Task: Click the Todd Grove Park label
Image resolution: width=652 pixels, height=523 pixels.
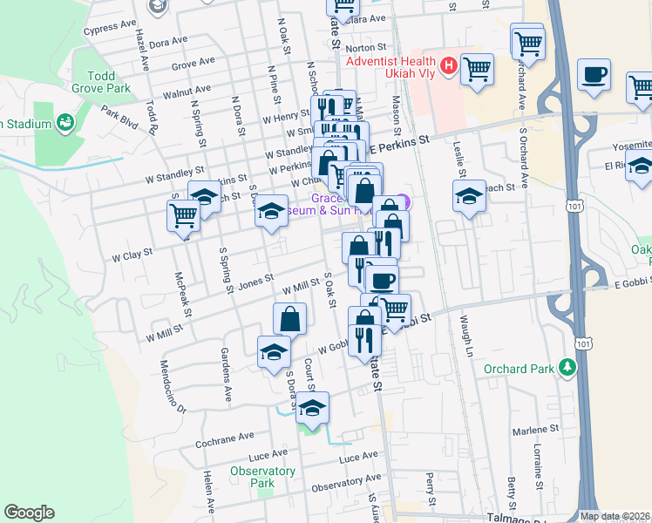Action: click(103, 82)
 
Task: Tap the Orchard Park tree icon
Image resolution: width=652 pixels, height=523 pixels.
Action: click(568, 367)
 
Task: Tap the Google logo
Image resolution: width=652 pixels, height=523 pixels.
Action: click(29, 513)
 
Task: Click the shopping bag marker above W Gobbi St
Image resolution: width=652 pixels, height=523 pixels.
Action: click(289, 318)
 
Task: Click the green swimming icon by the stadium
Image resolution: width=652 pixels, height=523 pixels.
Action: click(65, 122)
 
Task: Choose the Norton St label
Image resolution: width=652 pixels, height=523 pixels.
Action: click(365, 48)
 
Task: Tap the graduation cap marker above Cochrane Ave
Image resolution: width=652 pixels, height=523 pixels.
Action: click(312, 406)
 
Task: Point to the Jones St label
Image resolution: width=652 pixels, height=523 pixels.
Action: click(256, 282)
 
